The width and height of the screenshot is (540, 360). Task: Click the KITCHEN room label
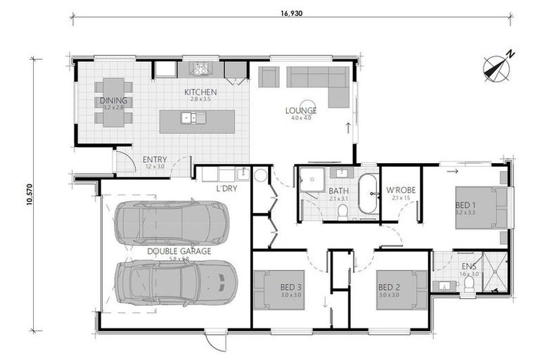[x=200, y=92]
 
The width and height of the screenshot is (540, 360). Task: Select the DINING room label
[x=114, y=101]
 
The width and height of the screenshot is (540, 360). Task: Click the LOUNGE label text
[x=300, y=110]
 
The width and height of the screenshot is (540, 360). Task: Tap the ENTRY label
[x=154, y=159]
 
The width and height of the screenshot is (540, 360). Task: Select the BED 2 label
[x=389, y=287]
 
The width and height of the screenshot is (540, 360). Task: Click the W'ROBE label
[x=399, y=191]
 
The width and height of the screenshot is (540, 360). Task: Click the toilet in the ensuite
[x=470, y=283]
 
